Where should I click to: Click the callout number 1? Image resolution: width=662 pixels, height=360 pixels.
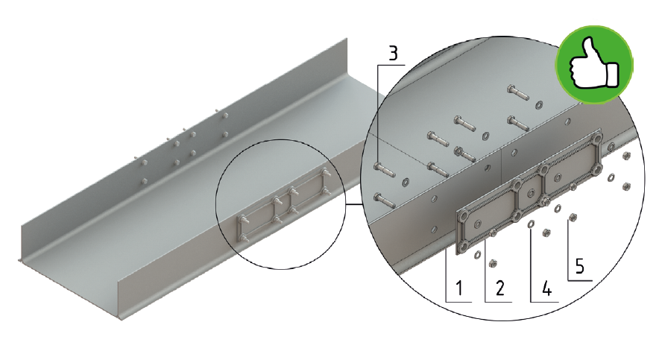(458, 288)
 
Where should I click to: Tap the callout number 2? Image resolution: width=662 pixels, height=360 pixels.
(500, 288)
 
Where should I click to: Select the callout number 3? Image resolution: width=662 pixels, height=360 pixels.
(393, 54)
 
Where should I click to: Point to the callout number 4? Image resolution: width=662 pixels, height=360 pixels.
(546, 288)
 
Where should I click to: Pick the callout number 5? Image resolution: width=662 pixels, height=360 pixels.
(580, 266)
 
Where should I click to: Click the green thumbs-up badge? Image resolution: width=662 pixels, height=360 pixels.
(594, 65)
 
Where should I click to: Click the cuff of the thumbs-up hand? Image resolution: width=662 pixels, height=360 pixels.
(613, 75)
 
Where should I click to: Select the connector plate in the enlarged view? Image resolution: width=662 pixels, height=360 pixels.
(529, 192)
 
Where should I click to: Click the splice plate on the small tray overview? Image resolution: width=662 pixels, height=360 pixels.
(282, 206)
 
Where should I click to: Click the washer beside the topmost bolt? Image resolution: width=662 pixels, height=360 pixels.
(539, 104)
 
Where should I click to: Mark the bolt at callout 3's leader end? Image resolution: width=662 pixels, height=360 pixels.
(385, 170)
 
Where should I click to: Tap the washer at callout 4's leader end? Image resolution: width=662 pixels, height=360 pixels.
(532, 223)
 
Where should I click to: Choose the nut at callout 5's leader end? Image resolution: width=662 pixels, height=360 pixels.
(573, 218)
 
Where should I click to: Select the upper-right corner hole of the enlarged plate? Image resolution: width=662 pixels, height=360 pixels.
(598, 138)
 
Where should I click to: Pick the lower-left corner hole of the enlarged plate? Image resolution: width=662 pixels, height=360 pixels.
(464, 247)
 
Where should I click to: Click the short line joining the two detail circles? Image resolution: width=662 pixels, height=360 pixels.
(354, 203)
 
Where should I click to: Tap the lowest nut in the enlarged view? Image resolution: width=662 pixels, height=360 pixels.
(492, 263)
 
